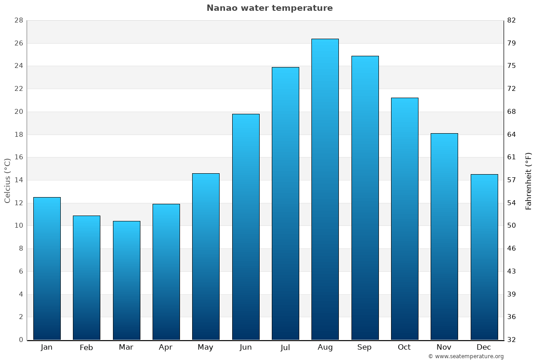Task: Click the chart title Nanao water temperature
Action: tap(270, 8)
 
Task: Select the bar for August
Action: tap(325, 189)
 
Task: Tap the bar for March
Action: tap(126, 280)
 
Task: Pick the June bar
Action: tap(246, 227)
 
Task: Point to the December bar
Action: tap(484, 256)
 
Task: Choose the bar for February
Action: tap(86, 278)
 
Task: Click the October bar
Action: tap(405, 219)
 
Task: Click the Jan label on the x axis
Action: tap(47, 347)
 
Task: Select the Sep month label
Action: tap(364, 347)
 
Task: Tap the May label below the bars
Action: tap(206, 347)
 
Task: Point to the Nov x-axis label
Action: tap(444, 347)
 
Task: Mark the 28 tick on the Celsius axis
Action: tap(19, 21)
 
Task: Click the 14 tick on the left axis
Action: tap(19, 180)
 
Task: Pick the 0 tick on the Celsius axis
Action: tap(21, 340)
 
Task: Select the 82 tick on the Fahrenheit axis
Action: tap(512, 21)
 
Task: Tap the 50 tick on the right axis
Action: tap(512, 225)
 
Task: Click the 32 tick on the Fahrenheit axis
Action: tap(512, 340)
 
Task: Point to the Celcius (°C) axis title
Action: tap(7, 180)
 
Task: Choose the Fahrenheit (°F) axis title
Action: tap(528, 181)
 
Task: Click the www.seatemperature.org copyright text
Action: tap(466, 356)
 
